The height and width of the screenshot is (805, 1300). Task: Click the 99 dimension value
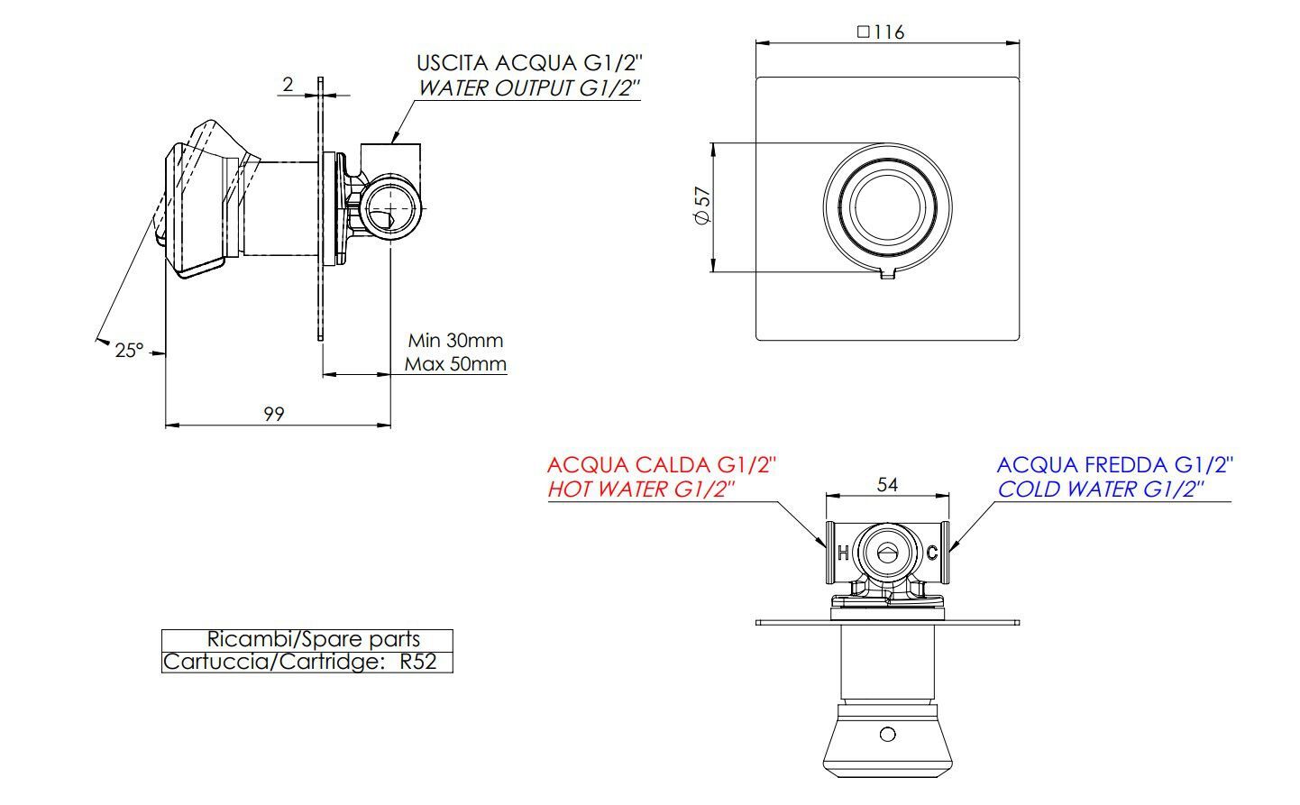pyautogui.click(x=274, y=413)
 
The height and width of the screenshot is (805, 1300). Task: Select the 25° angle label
pyautogui.click(x=129, y=350)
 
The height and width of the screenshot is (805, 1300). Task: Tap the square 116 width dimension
pyautogui.click(x=881, y=32)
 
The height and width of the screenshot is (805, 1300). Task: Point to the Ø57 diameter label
pyautogui.click(x=702, y=207)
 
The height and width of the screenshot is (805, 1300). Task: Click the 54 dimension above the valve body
pyautogui.click(x=887, y=485)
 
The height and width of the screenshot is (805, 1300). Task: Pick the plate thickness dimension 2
pyautogui.click(x=288, y=84)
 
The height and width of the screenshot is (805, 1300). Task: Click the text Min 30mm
pyautogui.click(x=455, y=341)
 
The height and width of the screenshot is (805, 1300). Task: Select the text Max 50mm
pyautogui.click(x=455, y=364)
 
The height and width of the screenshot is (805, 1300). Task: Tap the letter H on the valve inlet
pyautogui.click(x=842, y=553)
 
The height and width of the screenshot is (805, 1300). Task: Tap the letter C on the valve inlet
pyautogui.click(x=931, y=553)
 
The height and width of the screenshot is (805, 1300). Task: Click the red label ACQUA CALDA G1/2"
pyautogui.click(x=661, y=465)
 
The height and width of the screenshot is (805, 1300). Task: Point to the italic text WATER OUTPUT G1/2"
pyautogui.click(x=528, y=88)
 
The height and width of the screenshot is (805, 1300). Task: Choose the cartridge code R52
pyautogui.click(x=417, y=663)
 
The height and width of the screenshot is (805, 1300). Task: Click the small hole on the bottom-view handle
pyautogui.click(x=888, y=734)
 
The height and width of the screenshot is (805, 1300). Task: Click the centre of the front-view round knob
pyautogui.click(x=887, y=207)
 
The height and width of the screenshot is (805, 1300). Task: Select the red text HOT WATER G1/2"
pyautogui.click(x=642, y=489)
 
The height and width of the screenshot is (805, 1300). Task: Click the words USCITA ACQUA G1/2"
pyautogui.click(x=528, y=63)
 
